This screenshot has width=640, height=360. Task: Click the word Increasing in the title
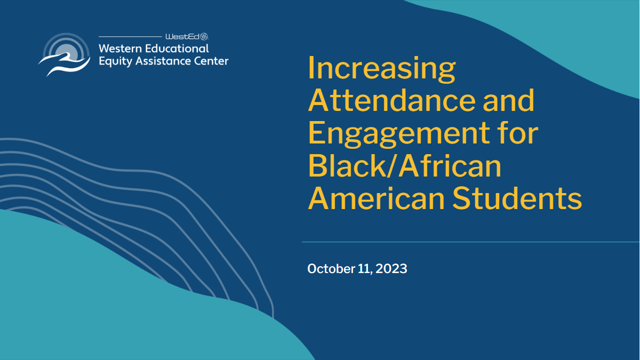pyautogui.click(x=382, y=69)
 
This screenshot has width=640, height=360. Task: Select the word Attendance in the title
pyautogui.click(x=391, y=100)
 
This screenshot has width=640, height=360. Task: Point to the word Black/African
pyautogui.click(x=405, y=166)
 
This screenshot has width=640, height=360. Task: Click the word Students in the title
pyautogui.click(x=517, y=198)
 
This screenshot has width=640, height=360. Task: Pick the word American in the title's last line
pyautogui.click(x=376, y=198)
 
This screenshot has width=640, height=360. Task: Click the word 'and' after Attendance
pyautogui.click(x=508, y=100)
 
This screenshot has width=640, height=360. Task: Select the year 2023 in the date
pyautogui.click(x=391, y=269)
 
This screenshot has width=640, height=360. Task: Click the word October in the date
pyautogui.click(x=331, y=269)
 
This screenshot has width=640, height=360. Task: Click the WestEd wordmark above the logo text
pyautogui.click(x=182, y=37)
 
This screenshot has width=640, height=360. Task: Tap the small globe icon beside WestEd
pyautogui.click(x=204, y=36)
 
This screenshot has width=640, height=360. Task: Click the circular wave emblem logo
pyautogui.click(x=65, y=54)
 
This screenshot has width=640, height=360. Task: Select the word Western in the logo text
pyautogui.click(x=121, y=49)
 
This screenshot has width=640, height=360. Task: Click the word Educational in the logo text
pyautogui.click(x=177, y=49)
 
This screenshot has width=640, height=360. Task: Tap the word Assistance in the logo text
pyautogui.click(x=163, y=61)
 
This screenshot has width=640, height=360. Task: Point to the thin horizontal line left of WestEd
pyautogui.click(x=130, y=37)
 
